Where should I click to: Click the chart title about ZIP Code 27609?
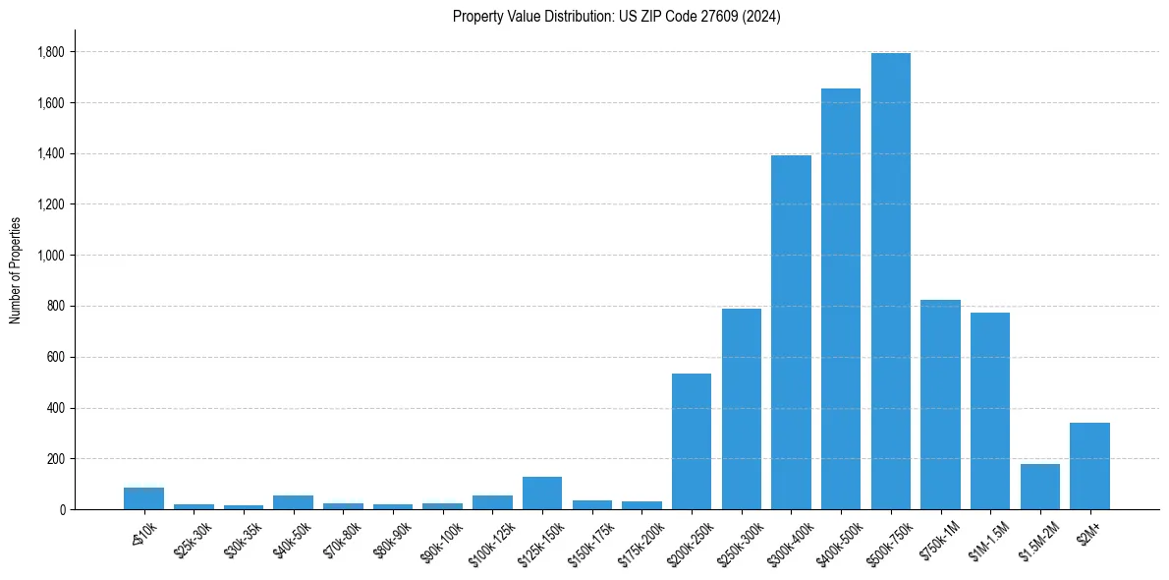coord(616,17)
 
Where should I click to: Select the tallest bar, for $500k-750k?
coord(891,281)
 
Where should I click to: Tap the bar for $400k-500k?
coord(841,299)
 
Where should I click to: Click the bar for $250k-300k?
coord(742,409)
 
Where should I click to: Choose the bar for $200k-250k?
coord(692,441)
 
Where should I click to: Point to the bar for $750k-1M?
coord(940,404)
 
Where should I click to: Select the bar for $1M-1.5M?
coord(990,411)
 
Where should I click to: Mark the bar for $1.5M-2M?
coord(1040,487)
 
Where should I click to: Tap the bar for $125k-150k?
coord(542,493)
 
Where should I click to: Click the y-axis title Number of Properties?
coord(16,270)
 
